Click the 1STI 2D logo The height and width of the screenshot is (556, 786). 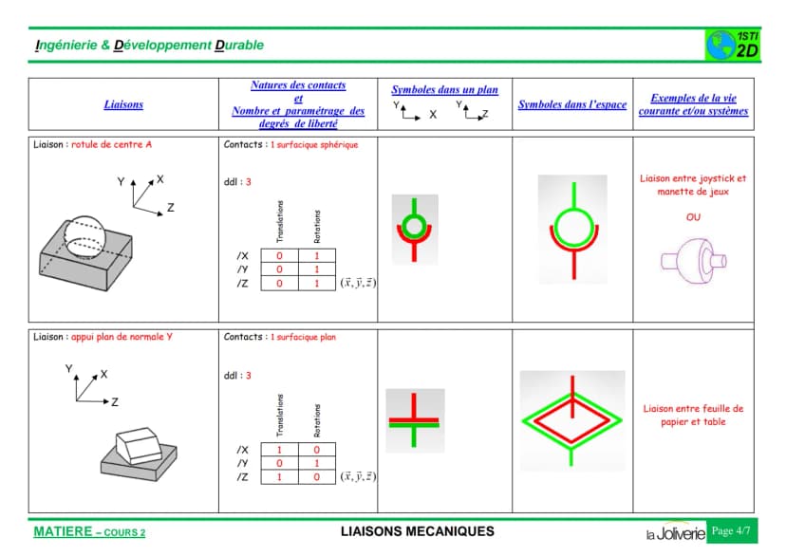pos(732,46)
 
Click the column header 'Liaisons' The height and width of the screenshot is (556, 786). pos(123,104)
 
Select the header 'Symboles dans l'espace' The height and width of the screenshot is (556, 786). pos(572,104)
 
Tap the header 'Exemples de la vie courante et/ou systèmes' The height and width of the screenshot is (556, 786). pos(693,104)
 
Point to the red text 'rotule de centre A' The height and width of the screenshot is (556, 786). pos(111,144)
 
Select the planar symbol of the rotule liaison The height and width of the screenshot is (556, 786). pos(414,230)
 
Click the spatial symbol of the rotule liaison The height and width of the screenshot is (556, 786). pos(573,230)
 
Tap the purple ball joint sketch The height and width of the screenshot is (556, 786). pos(693,261)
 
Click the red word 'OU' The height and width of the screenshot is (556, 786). pos(693,217)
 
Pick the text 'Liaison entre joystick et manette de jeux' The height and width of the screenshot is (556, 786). pos(693,185)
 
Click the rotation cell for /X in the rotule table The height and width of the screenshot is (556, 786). pos(317,255)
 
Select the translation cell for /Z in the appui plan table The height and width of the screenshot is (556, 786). pos(279,477)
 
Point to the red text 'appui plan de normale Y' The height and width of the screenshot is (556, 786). pos(122,337)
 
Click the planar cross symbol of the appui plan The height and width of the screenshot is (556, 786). pos(414,420)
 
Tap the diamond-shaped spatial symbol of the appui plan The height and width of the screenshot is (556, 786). pos(572,420)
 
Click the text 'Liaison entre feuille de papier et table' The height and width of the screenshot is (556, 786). pos(693,416)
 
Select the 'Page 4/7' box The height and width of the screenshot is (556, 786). pos(731,531)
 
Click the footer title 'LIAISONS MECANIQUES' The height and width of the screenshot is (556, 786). pos(417,531)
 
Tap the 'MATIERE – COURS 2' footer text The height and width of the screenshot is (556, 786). pos(89,532)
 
